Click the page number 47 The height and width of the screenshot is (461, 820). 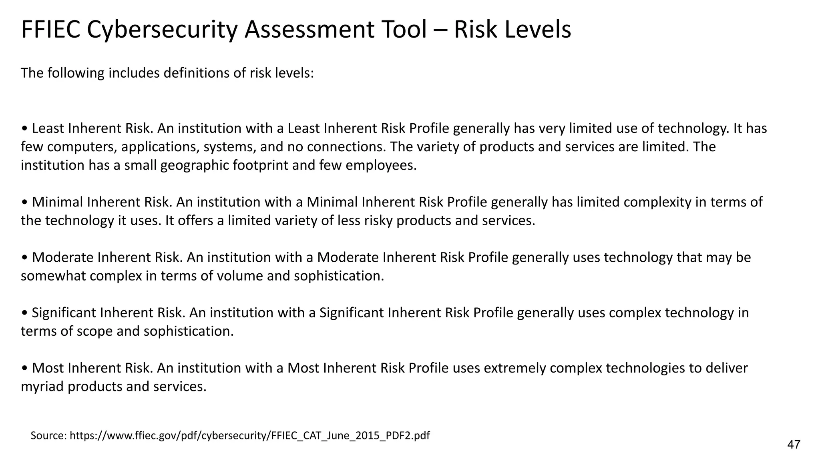pos(794,444)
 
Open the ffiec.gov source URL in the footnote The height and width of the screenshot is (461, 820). pos(249,435)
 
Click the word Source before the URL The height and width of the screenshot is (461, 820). pos(48,435)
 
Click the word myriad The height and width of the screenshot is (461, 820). pos(42,386)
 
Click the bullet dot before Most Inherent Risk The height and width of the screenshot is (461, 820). pos(25,368)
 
